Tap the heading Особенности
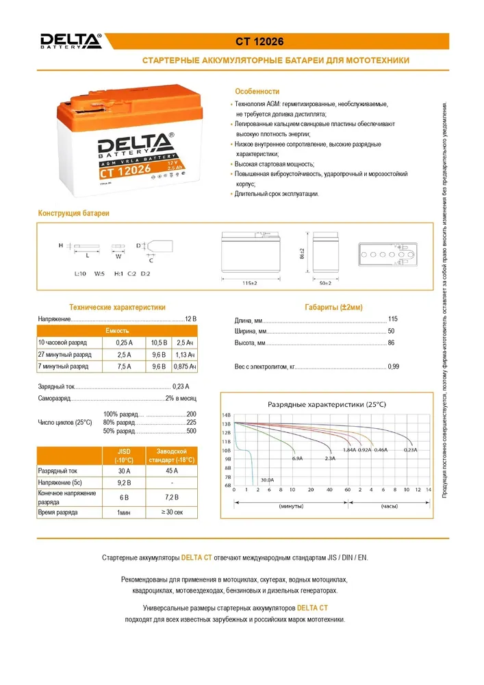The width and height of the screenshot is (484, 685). click(x=257, y=91)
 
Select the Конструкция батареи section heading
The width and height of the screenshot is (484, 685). click(x=73, y=214)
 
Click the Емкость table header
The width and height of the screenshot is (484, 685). click(x=117, y=330)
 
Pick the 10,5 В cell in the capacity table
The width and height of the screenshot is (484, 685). click(x=159, y=342)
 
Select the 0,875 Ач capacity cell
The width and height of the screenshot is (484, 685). click(x=184, y=367)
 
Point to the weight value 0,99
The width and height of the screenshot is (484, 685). click(x=393, y=367)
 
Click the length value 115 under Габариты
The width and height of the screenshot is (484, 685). click(x=392, y=320)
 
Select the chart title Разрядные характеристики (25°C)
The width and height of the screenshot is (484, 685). click(x=326, y=404)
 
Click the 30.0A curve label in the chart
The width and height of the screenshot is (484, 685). click(x=267, y=480)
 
